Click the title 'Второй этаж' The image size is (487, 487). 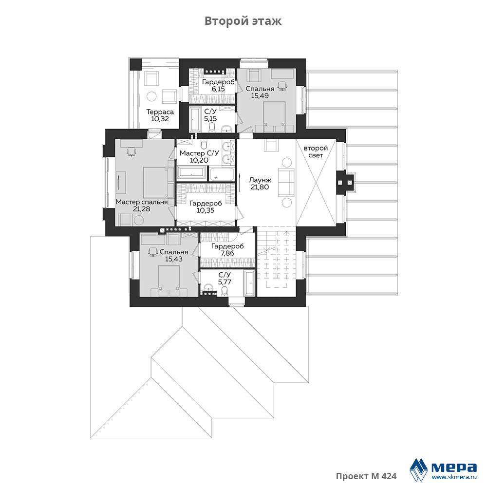[243, 21]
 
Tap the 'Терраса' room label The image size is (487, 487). [160, 112]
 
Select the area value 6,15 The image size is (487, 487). [218, 89]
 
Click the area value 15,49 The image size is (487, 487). [260, 95]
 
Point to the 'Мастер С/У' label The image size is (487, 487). [199, 153]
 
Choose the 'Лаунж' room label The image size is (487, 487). [260, 180]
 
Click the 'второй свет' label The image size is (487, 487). [316, 151]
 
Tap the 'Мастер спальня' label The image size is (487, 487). [142, 202]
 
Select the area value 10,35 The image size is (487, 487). [206, 210]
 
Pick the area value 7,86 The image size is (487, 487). [227, 253]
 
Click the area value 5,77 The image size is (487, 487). [225, 282]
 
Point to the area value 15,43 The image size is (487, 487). [174, 259]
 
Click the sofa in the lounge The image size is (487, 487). [286, 182]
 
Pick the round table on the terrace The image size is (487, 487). [151, 96]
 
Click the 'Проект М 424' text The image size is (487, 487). [366, 476]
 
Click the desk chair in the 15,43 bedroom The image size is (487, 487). [152, 252]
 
